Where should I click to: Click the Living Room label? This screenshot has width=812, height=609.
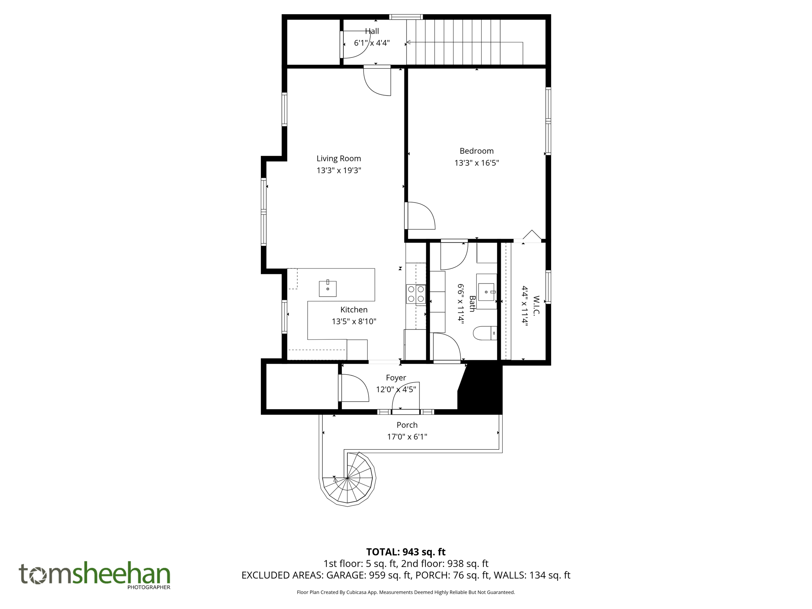(x=339, y=159)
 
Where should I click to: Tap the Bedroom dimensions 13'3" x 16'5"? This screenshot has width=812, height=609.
(x=476, y=163)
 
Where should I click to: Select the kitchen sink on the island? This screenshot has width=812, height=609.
(x=328, y=289)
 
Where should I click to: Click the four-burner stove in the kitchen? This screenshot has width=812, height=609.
(x=416, y=294)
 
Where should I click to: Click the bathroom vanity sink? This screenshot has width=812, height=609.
(x=486, y=292)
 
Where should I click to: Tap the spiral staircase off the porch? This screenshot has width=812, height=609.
(x=348, y=479)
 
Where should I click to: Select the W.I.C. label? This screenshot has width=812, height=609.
(x=536, y=305)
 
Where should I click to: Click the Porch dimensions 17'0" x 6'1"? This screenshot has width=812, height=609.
(x=407, y=437)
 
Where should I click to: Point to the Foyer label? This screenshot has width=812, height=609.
(x=396, y=378)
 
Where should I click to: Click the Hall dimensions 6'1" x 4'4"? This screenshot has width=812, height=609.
(x=372, y=43)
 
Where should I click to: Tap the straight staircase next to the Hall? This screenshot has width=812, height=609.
(x=464, y=42)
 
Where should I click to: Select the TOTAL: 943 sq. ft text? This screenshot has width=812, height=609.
(x=406, y=552)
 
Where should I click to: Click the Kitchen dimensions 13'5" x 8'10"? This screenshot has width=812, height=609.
(x=354, y=322)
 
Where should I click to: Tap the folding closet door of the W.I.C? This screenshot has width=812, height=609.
(x=531, y=236)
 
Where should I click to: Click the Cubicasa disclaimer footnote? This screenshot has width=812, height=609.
(x=406, y=592)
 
